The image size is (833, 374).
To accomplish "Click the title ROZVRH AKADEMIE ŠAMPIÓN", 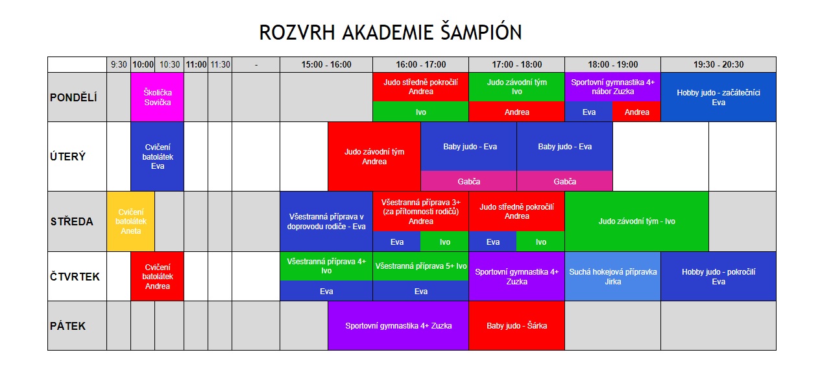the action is (391, 32).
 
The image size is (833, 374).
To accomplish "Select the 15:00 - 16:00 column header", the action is (326, 64).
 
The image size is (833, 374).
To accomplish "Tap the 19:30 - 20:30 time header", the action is (718, 64).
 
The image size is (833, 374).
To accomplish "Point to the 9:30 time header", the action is (119, 64).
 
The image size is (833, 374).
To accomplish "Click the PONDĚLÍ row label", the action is (73, 97).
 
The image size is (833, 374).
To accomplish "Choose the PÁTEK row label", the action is (67, 326).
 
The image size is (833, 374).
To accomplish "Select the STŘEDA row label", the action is (72, 221).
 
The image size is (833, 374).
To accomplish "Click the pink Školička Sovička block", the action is (157, 97).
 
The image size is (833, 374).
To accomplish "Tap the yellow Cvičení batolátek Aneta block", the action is (130, 221).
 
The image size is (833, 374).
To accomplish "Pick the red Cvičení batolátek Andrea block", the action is (157, 277).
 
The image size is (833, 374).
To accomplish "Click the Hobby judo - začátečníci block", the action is (718, 97).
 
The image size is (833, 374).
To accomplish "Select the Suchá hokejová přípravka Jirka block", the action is (613, 277).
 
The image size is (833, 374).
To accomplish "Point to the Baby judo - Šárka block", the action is (517, 325).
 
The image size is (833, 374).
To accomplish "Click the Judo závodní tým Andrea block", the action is (374, 156).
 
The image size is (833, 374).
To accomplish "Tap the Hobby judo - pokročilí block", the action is (718, 277).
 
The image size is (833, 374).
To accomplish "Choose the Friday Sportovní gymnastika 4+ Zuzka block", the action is (398, 325).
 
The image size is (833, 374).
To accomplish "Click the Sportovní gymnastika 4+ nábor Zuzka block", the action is (613, 87).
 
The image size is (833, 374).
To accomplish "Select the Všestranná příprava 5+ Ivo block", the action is (420, 266).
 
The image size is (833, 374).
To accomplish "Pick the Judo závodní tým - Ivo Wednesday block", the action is (636, 221).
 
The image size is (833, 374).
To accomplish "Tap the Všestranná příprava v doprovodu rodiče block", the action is (326, 221).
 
